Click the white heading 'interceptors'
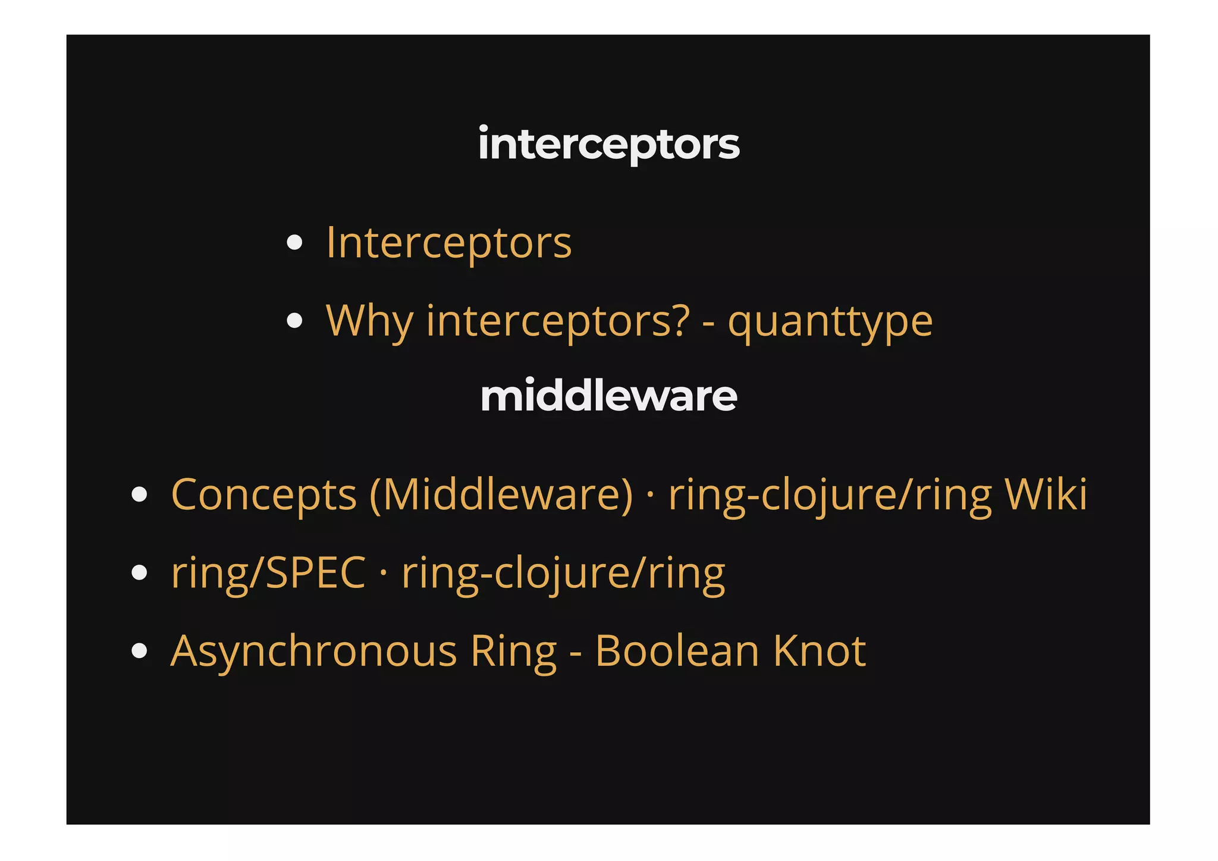tap(608, 145)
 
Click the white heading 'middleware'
tap(608, 396)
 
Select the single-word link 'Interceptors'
tap(448, 243)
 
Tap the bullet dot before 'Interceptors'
tap(294, 243)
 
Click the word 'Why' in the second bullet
tap(369, 321)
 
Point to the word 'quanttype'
tap(830, 321)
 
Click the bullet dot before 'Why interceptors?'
tap(294, 321)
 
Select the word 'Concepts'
tap(263, 494)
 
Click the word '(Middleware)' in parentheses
tap(501, 494)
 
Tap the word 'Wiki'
tap(1046, 494)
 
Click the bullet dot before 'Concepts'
tap(139, 494)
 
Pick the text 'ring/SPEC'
tap(268, 573)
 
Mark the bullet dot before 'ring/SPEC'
tap(139, 573)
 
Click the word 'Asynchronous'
tap(313, 651)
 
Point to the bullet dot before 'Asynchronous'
tap(139, 651)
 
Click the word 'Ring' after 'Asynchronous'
tap(513, 651)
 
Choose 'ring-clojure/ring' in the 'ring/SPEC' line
tap(563, 573)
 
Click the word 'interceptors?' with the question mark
tap(558, 321)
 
